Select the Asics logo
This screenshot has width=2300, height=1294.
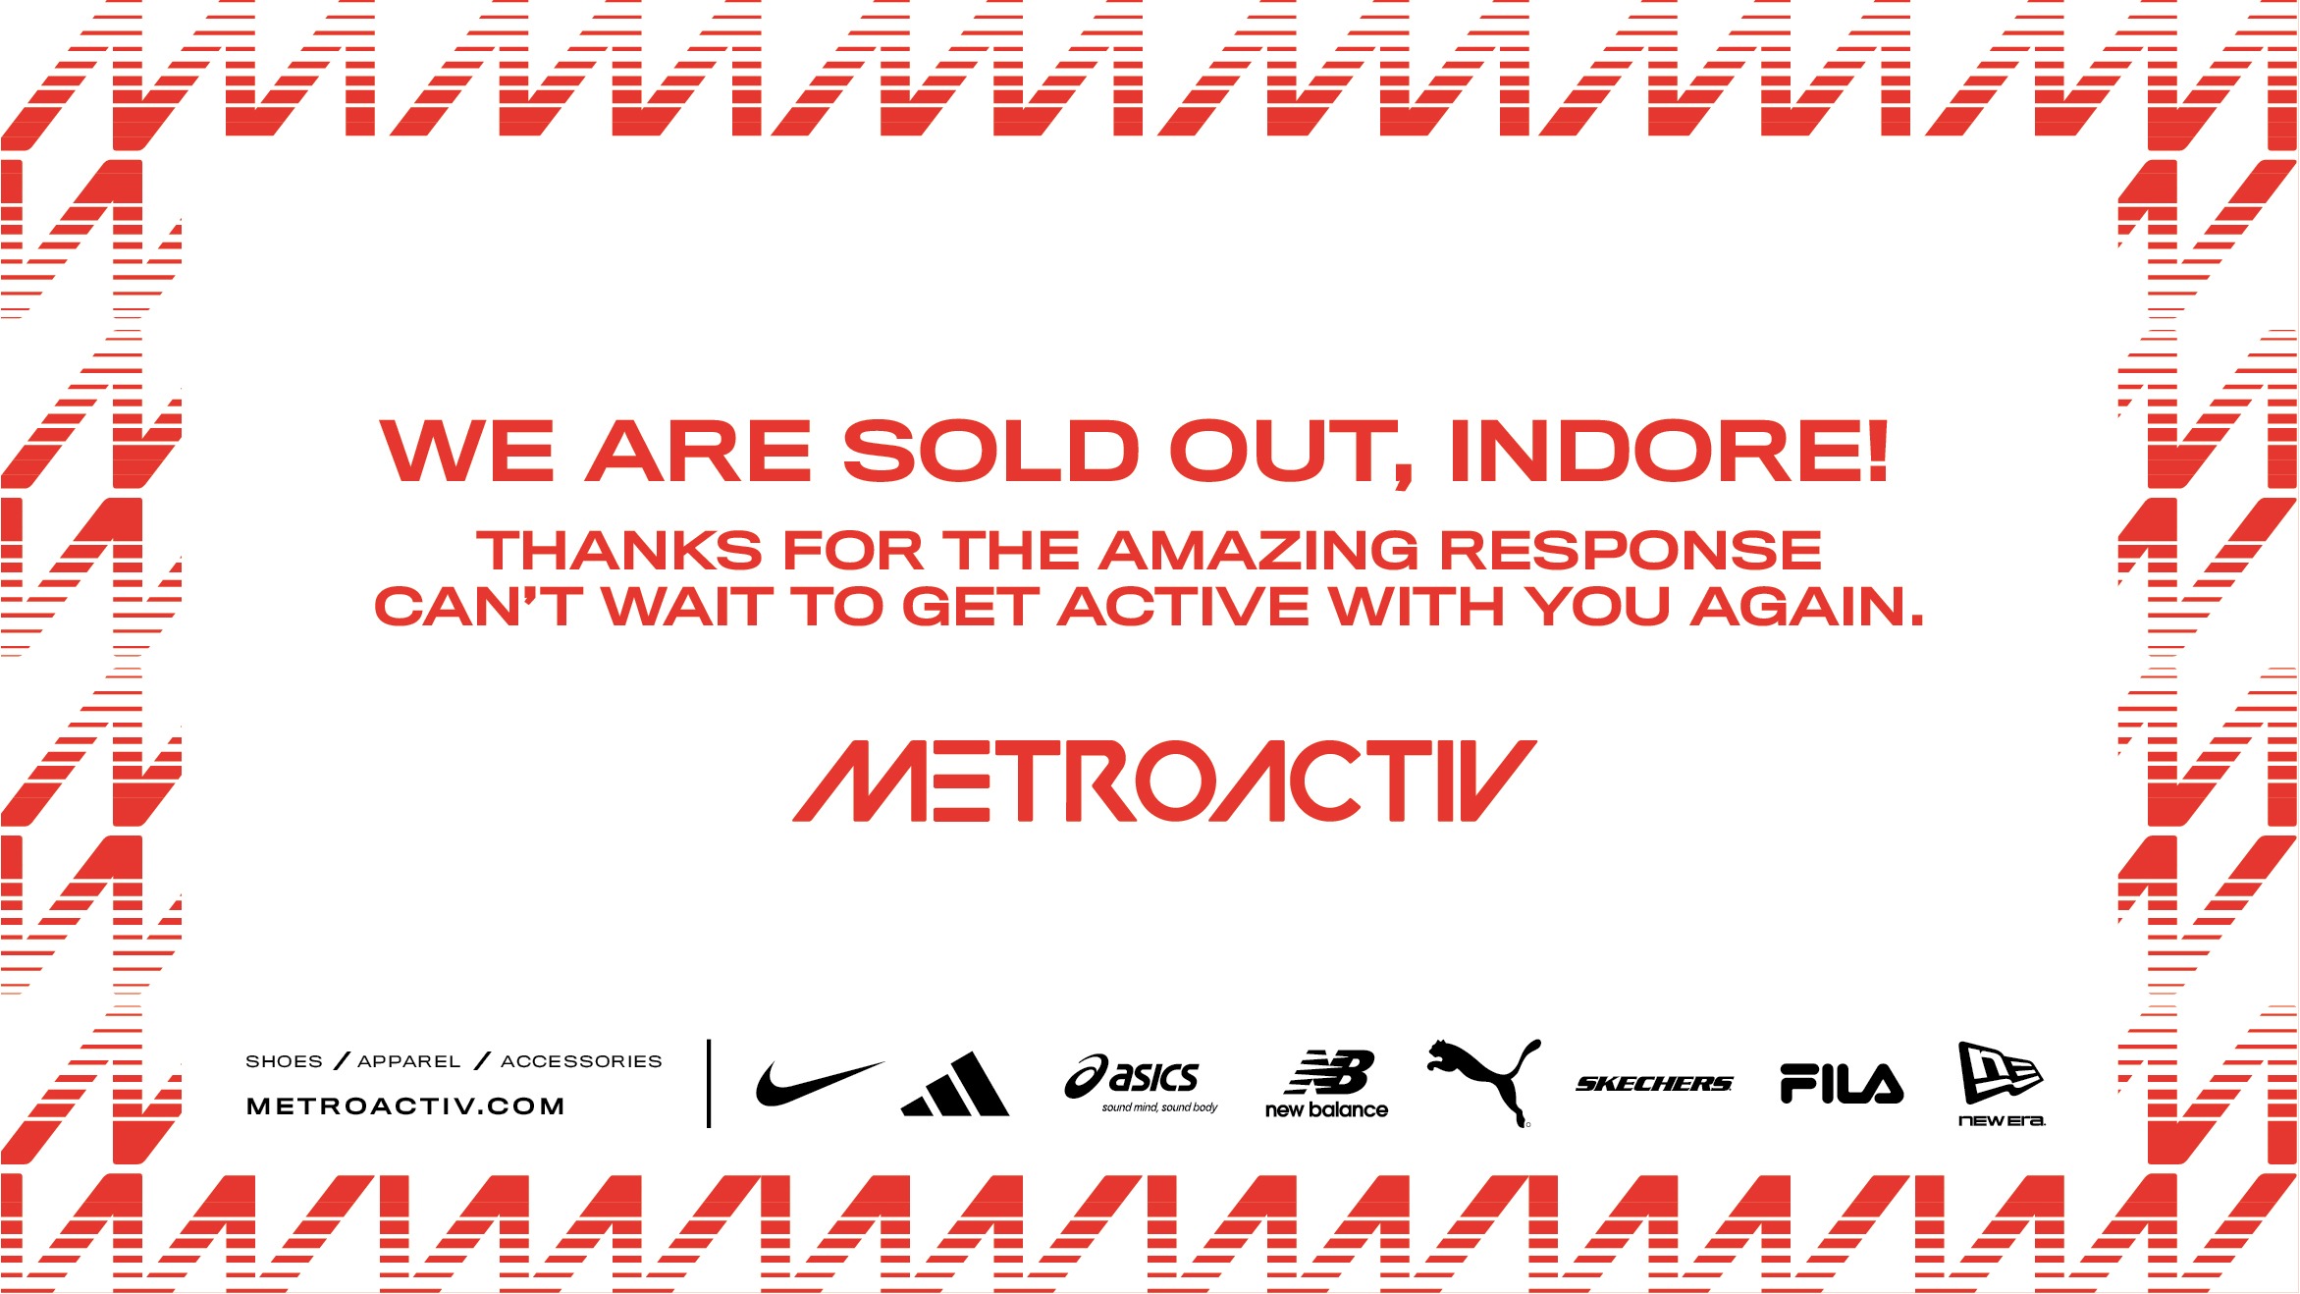click(x=1141, y=1084)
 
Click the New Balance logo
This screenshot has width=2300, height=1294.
click(x=1326, y=1084)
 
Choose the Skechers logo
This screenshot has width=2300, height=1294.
click(x=1654, y=1084)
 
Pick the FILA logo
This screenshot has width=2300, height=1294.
click(x=1842, y=1084)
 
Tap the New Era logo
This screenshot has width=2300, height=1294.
click(x=2002, y=1084)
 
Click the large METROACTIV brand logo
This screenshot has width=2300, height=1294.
click(x=1164, y=781)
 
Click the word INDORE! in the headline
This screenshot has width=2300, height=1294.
click(x=1669, y=451)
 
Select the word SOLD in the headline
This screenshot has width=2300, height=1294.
click(x=991, y=451)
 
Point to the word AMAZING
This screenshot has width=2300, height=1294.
click(x=1258, y=550)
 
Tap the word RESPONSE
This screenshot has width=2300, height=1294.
click(x=1631, y=550)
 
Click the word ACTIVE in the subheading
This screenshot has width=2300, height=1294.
click(x=1184, y=606)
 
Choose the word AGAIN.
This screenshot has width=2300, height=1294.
click(x=1807, y=606)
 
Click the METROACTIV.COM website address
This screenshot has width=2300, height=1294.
click(x=405, y=1106)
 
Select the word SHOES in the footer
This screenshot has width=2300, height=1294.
click(x=284, y=1061)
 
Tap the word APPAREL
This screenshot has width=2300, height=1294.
click(x=409, y=1061)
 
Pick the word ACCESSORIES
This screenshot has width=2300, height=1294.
click(x=581, y=1061)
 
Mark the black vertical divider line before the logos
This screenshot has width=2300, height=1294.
click(x=709, y=1083)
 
